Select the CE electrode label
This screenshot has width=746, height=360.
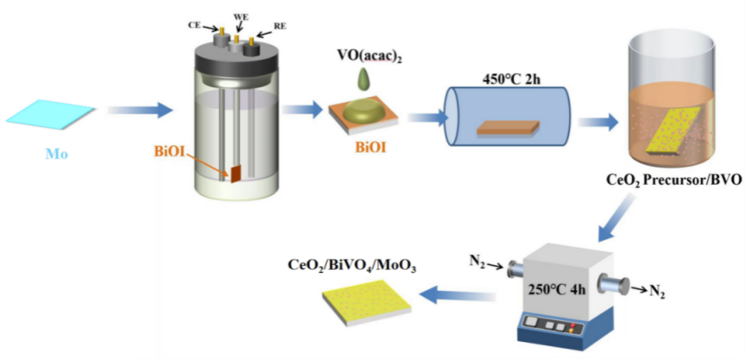click(194, 25)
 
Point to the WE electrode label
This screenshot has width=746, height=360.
click(242, 16)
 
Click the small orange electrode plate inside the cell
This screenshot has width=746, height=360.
click(234, 174)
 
